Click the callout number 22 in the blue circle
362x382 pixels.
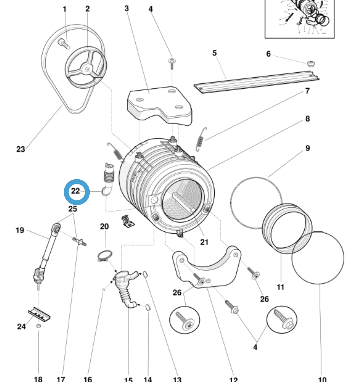pos(76,191)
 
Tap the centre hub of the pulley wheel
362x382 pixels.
pos(86,69)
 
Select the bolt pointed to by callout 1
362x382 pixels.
pos(63,43)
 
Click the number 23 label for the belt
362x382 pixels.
pos(21,149)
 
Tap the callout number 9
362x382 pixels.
pos(308,148)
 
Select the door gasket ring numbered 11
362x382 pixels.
pos(287,228)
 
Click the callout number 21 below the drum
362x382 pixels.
pos(204,242)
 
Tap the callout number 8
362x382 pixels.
pos(308,119)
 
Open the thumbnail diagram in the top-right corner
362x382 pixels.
pos(299,19)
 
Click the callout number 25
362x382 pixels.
pos(73,209)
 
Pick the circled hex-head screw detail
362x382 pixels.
pos(282,319)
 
